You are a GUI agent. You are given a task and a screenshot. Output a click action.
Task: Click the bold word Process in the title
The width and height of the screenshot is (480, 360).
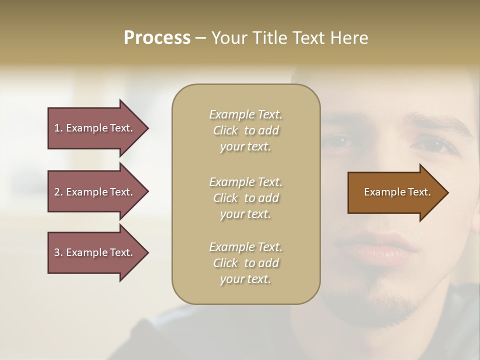click(157, 38)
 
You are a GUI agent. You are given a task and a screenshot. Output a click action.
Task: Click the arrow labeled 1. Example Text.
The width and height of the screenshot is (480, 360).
click(95, 128)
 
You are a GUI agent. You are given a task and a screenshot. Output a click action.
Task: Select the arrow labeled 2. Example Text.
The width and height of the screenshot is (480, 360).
click(95, 192)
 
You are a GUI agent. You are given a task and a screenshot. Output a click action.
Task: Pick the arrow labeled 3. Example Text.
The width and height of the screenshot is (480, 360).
click(95, 252)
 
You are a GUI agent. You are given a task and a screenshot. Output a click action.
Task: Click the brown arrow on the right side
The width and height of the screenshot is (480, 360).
click(395, 192)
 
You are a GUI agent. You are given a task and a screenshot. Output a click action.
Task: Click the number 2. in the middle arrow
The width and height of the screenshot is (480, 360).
click(58, 192)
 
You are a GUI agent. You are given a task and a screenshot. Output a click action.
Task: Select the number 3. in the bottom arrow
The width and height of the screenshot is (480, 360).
click(58, 252)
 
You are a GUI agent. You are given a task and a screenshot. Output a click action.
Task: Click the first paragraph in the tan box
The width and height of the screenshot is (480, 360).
click(245, 130)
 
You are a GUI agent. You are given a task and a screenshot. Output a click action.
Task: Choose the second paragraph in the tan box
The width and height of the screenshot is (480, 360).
click(245, 198)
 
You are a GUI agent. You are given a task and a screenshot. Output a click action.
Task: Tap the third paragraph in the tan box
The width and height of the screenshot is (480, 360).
click(245, 263)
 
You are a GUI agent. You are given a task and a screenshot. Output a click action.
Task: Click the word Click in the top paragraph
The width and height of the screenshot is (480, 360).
click(225, 130)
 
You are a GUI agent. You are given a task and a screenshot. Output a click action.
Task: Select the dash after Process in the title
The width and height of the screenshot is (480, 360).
click(200, 38)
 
